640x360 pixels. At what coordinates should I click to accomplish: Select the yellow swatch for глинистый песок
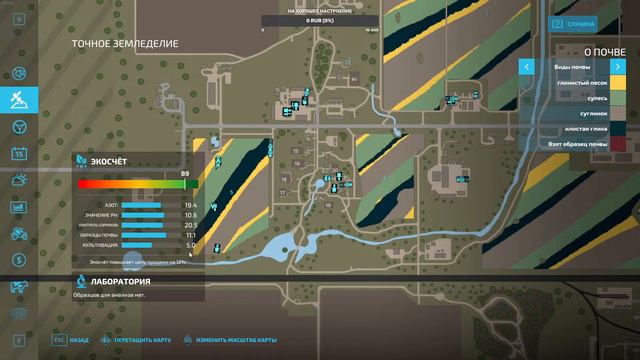point(631,83)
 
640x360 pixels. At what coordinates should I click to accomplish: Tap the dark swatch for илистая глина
point(631,130)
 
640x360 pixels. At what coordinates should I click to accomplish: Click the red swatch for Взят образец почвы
point(631,146)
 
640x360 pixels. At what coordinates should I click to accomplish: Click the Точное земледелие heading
point(125,44)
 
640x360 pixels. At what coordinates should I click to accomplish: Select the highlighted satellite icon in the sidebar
point(19,100)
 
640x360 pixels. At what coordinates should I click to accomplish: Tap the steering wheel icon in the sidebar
point(19,127)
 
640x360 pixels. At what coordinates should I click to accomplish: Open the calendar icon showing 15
point(19,154)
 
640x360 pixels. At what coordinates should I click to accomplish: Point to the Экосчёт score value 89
point(185,174)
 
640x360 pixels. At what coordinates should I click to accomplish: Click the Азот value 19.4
point(190,205)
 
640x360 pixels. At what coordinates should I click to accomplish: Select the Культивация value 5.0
point(190,245)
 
